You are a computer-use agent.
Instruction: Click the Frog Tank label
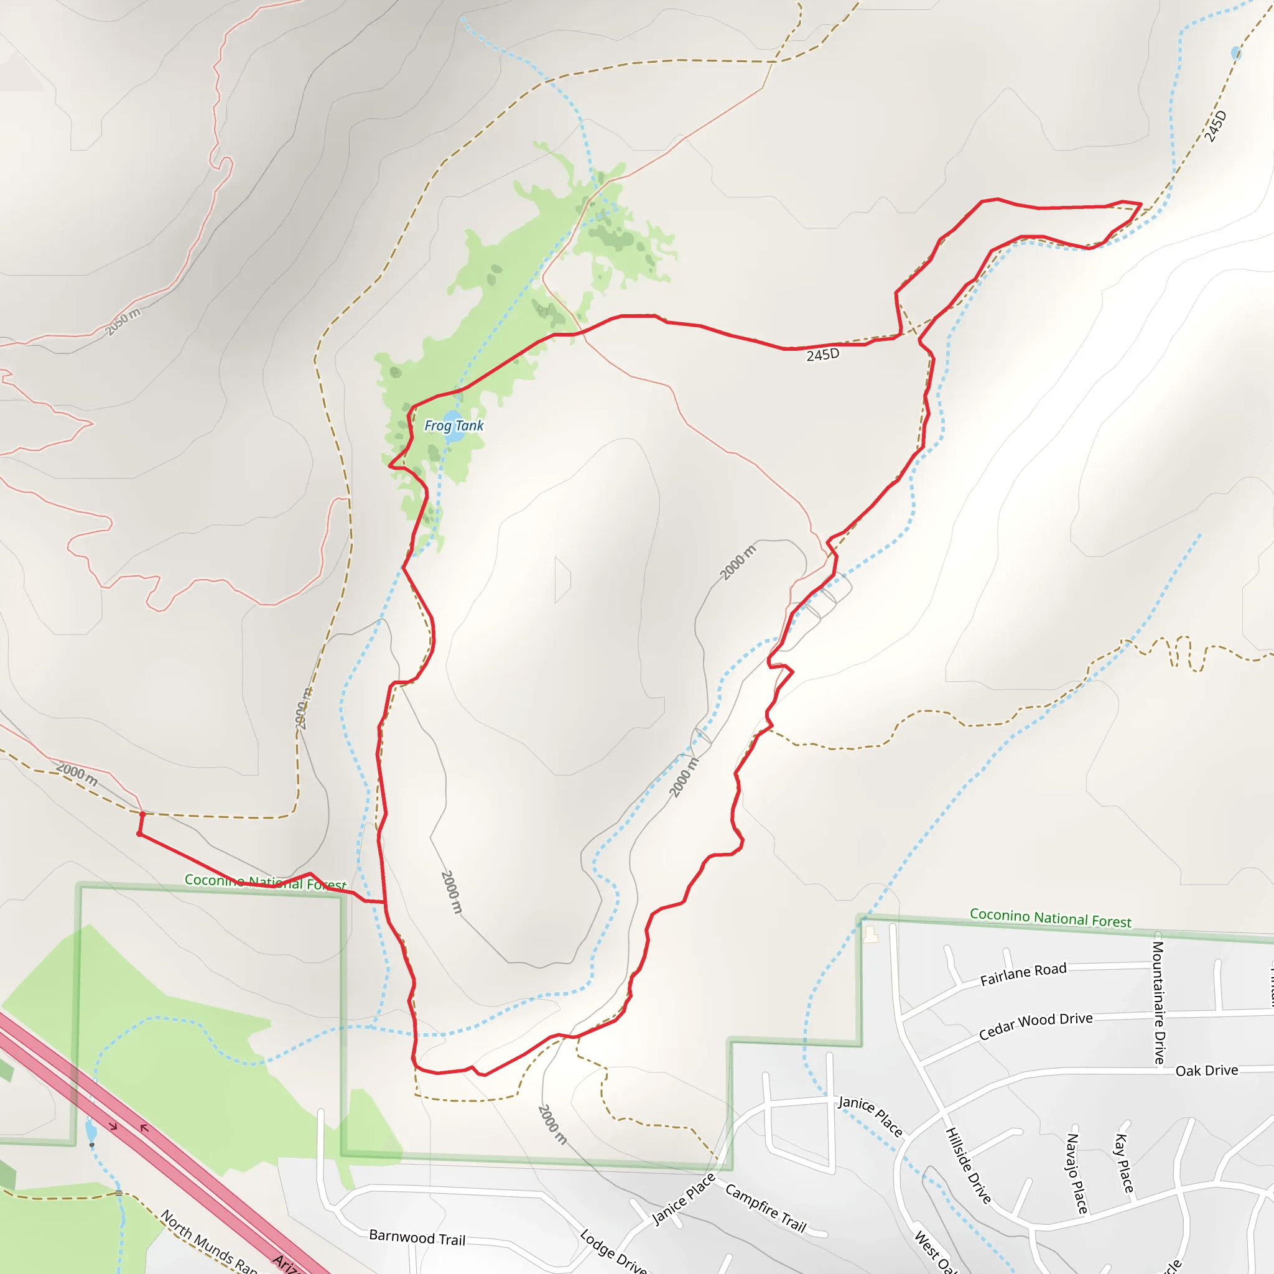tap(453, 425)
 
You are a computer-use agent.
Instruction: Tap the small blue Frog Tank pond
tap(454, 437)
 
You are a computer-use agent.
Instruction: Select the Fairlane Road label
tap(1023, 974)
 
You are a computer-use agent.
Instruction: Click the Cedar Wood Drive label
tap(1035, 1026)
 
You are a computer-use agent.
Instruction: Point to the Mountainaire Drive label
tap(1158, 1002)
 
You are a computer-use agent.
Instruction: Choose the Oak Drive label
tap(1206, 1070)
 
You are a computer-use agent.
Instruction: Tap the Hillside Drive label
tap(968, 1165)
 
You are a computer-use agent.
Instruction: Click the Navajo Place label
tap(1076, 1173)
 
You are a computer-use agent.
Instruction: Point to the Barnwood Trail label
tap(417, 1238)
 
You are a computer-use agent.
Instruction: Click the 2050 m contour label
tap(123, 321)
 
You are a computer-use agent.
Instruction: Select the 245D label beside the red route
tap(822, 355)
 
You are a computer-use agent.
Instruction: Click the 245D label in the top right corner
tap(1215, 126)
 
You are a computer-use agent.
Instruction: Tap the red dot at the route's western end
tap(139, 834)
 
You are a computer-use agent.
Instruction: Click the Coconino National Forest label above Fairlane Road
tap(1050, 918)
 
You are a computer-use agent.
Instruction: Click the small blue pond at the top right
tap(1235, 53)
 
